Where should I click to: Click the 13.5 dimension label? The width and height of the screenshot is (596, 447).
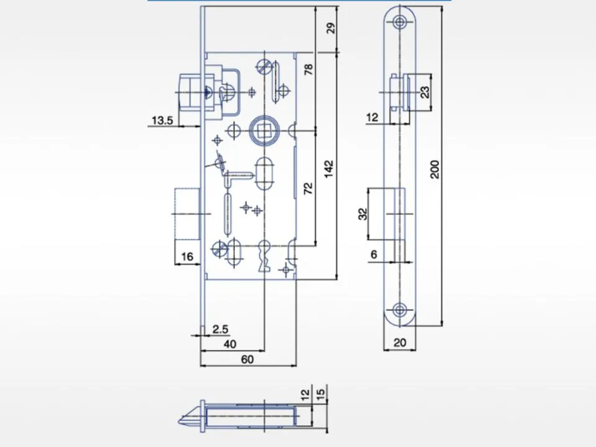[162, 120]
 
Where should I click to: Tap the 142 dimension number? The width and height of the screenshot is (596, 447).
[329, 168]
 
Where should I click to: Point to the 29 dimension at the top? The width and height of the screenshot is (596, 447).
[332, 29]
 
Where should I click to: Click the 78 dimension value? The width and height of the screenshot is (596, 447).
[309, 69]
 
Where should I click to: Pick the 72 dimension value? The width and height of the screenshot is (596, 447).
[309, 189]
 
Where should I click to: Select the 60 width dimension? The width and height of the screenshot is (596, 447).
[248, 359]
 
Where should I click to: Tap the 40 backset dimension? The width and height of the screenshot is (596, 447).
[230, 344]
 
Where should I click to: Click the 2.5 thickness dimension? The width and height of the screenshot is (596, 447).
[220, 329]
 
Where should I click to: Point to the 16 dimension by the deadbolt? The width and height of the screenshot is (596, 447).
[187, 256]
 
